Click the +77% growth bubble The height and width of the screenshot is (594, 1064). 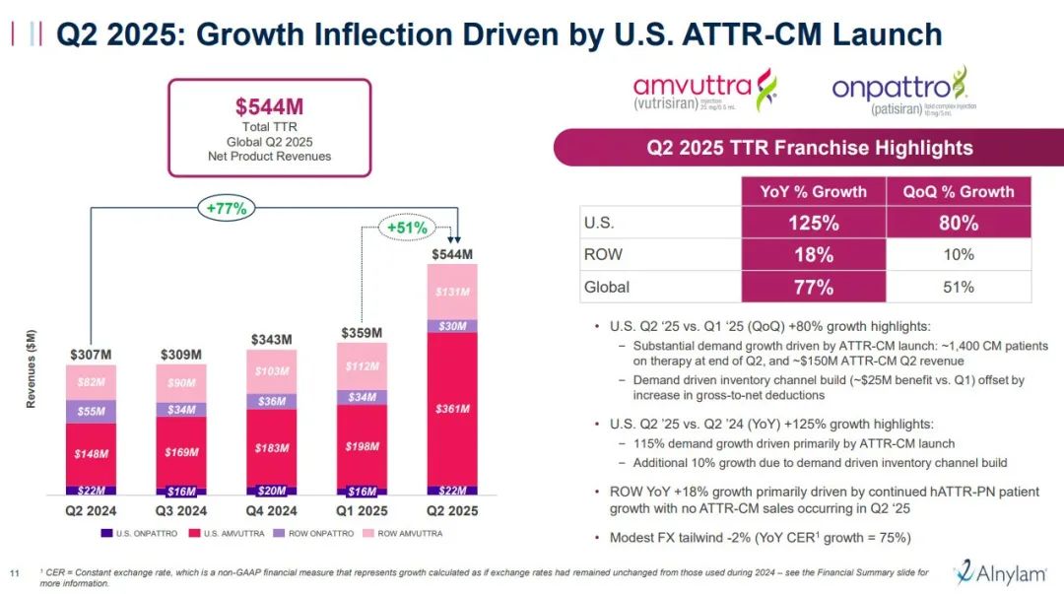(227, 208)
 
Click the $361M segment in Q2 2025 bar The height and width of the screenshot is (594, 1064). (452, 409)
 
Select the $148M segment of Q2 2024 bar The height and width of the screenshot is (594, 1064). (91, 454)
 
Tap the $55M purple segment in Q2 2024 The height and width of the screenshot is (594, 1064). (91, 412)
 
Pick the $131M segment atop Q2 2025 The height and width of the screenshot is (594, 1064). (452, 292)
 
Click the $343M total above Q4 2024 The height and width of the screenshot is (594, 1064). (271, 340)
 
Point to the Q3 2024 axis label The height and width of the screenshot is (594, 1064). (180, 510)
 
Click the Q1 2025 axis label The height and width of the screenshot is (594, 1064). (362, 510)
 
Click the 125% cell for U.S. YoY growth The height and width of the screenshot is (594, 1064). (813, 223)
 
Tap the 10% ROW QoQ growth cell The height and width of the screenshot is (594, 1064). (960, 254)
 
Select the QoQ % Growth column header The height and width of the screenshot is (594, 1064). (960, 192)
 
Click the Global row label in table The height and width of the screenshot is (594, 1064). (608, 287)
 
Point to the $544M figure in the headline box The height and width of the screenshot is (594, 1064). (269, 106)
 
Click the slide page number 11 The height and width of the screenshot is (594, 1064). (15, 574)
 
